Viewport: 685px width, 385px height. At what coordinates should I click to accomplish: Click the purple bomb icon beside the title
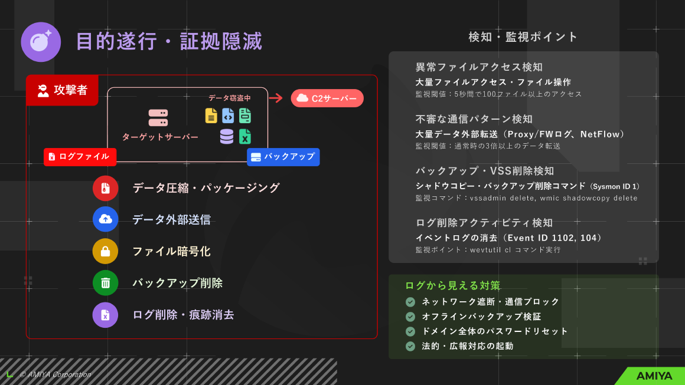click(41, 42)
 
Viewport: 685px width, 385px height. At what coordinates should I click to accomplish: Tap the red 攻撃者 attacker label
click(62, 90)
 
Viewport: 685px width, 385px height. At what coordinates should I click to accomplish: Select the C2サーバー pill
click(327, 98)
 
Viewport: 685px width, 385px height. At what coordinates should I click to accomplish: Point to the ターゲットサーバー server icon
click(158, 118)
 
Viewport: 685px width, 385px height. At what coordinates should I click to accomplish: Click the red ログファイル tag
click(80, 157)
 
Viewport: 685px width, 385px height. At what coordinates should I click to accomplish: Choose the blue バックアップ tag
click(283, 157)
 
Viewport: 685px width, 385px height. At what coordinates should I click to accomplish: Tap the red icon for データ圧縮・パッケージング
click(105, 188)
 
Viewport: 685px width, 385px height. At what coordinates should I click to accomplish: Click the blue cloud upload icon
click(105, 219)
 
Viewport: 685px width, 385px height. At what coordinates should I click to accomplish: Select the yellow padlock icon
click(105, 252)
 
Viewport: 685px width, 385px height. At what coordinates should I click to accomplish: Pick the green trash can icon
click(105, 283)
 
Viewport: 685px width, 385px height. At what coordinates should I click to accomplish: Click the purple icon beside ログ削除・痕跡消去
click(105, 315)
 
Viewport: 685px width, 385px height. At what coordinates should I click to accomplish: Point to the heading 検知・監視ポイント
click(523, 37)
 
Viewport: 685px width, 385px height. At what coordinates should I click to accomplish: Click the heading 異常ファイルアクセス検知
click(479, 67)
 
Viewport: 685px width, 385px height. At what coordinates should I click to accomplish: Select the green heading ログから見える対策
click(452, 285)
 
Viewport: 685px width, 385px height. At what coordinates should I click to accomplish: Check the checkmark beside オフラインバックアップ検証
click(410, 317)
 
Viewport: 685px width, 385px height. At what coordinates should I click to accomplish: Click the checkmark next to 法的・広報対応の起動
click(410, 346)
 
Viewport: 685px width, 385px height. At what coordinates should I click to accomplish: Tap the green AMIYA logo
click(654, 376)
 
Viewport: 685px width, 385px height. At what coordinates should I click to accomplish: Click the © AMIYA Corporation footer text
click(55, 374)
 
